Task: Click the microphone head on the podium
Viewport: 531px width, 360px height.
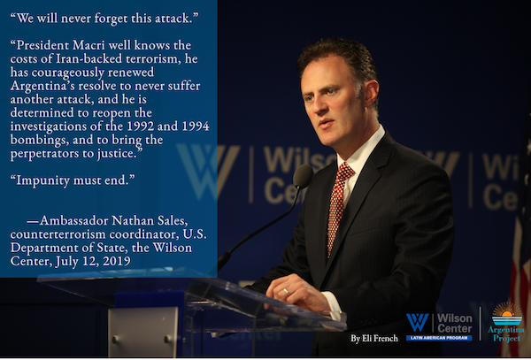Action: click(x=303, y=176)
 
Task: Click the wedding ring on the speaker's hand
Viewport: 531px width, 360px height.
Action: click(x=287, y=291)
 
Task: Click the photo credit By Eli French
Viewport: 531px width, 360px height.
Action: click(x=374, y=339)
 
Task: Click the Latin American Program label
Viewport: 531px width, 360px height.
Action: click(x=439, y=338)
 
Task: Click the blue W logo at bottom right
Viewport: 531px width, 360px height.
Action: click(x=417, y=323)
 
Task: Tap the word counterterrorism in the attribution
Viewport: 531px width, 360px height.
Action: click(x=58, y=234)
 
